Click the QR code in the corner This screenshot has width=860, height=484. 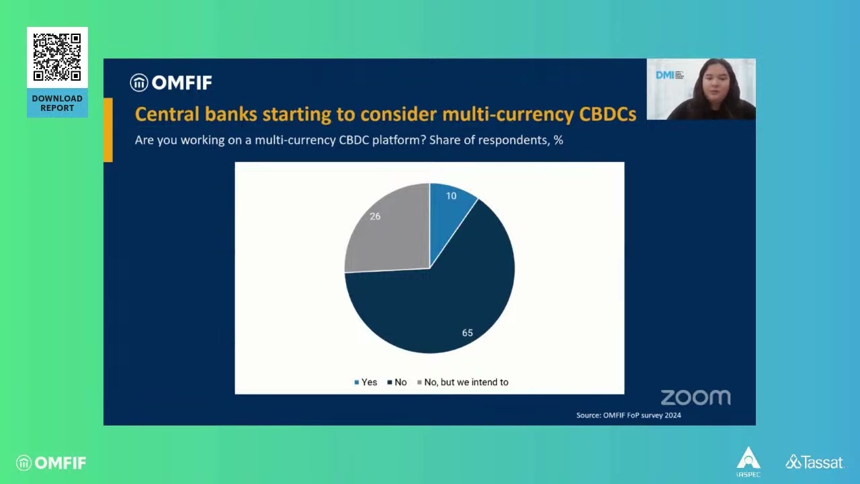pos(57,57)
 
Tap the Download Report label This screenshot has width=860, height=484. pos(57,103)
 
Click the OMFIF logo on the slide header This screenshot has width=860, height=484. pos(171,83)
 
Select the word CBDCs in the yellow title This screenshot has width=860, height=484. pos(607,114)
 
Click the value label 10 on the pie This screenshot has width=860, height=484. pos(451,196)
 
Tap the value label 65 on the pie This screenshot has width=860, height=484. pos(467,333)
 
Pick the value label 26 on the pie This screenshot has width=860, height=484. pos(375,216)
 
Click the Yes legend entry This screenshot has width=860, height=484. pos(365,382)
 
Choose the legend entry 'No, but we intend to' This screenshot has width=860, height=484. pos(463,382)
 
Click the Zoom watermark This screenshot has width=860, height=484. pos(695,397)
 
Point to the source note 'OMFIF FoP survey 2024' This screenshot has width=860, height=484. pos(628,415)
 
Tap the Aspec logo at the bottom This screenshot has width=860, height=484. pos(748,462)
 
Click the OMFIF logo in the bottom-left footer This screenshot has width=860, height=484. pos(52,462)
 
